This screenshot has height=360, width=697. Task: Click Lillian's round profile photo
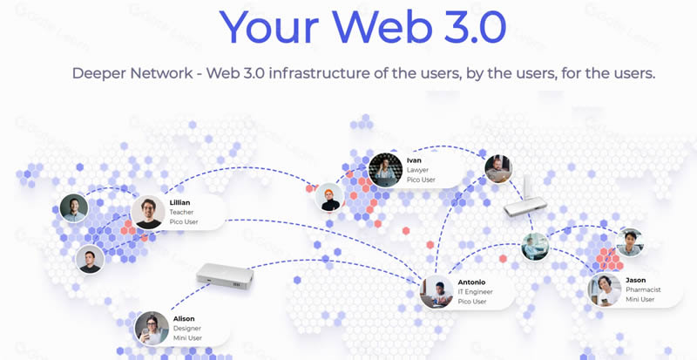pos(148,213)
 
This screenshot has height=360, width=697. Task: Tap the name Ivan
pos(414,160)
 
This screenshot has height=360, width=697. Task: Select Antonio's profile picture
pos(436,291)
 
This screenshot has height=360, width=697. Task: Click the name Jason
pos(636,280)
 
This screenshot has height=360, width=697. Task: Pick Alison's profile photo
pos(152,328)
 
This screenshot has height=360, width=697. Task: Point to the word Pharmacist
pos(643,289)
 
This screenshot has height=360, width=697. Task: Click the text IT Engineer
pos(475,292)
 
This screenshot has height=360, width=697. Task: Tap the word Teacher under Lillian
pos(181,213)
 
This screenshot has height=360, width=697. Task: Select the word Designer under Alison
pos(187,329)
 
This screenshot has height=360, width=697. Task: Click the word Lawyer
pos(418,170)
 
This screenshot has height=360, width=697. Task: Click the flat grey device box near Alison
pos(226,276)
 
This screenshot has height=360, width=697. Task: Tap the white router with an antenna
pos(525,200)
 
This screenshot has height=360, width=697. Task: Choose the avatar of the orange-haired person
pos(329,197)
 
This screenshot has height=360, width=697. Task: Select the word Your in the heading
pos(269,26)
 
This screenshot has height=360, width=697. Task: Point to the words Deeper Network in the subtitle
pos(132,73)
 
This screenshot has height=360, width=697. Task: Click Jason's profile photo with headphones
pos(605,289)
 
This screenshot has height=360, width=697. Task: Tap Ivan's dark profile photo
pos(385,170)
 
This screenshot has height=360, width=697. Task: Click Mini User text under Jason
pos(640,300)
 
